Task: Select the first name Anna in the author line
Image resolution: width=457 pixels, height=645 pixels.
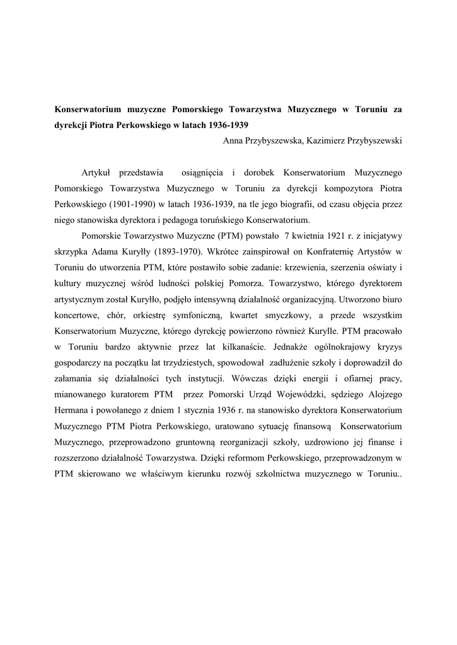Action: [x=234, y=140]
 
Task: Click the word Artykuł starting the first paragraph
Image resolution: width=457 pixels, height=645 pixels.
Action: [x=96, y=171]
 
